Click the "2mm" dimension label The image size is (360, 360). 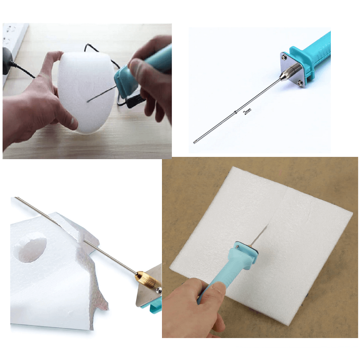point(247,111)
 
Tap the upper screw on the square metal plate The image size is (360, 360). point(284,57)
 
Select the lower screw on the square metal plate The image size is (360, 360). point(300,83)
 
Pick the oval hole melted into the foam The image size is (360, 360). point(31,247)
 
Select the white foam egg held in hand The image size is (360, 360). point(86,91)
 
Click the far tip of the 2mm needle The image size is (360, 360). point(194,143)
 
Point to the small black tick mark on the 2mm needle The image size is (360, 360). point(235,112)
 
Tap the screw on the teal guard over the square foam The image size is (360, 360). point(237,247)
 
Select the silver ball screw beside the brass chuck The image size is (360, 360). point(158,290)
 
